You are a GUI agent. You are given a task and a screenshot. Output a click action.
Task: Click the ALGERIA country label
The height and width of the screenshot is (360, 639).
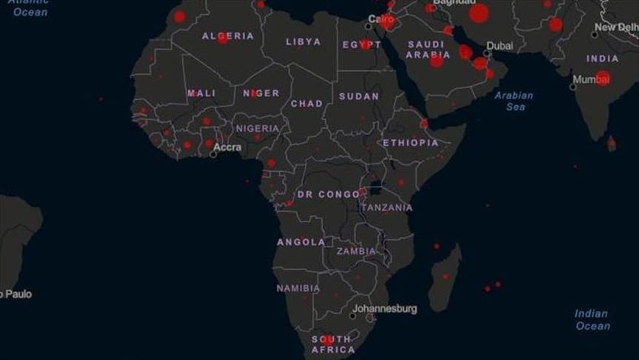click(x=228, y=36)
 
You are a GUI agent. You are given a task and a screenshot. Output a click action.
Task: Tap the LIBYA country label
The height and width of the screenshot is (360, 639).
click(x=304, y=41)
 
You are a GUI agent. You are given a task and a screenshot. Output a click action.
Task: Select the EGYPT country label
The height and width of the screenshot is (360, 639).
click(x=362, y=45)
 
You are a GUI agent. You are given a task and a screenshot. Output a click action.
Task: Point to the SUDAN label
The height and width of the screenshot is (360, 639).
click(x=359, y=96)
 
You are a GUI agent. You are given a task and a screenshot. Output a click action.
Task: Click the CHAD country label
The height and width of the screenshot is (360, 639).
click(x=307, y=104)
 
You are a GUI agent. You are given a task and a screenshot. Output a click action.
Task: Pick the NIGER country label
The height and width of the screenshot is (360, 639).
click(x=261, y=93)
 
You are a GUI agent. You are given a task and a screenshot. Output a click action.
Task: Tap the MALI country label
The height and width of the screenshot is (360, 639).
click(x=201, y=93)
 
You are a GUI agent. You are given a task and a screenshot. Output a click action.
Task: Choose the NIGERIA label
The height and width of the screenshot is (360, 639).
click(x=258, y=128)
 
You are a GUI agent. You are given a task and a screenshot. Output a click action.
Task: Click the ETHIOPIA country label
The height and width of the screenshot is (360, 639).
click(x=410, y=142)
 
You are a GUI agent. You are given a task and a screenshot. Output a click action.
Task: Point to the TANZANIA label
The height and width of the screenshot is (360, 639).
click(x=387, y=207)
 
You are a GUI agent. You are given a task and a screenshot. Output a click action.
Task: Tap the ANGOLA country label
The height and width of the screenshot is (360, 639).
click(x=301, y=242)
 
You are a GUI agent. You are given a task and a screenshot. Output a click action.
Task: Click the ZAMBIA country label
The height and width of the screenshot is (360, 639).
click(x=356, y=251)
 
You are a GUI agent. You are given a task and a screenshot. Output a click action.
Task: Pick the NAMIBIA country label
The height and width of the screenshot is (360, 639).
click(x=298, y=287)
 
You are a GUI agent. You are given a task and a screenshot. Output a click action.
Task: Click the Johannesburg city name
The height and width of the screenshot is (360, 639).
click(x=384, y=308)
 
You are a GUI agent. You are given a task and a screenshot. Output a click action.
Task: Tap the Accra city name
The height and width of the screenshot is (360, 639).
click(x=227, y=147)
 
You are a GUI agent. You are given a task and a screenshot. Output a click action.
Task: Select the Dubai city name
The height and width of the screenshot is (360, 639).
click(x=499, y=45)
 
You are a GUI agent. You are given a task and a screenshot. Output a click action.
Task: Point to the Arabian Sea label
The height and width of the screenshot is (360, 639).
click(x=514, y=101)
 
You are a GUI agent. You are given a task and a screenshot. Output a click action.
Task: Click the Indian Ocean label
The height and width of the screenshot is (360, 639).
click(x=592, y=319)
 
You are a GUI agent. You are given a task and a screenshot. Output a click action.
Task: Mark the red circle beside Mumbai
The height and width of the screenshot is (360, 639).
click(x=603, y=78)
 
